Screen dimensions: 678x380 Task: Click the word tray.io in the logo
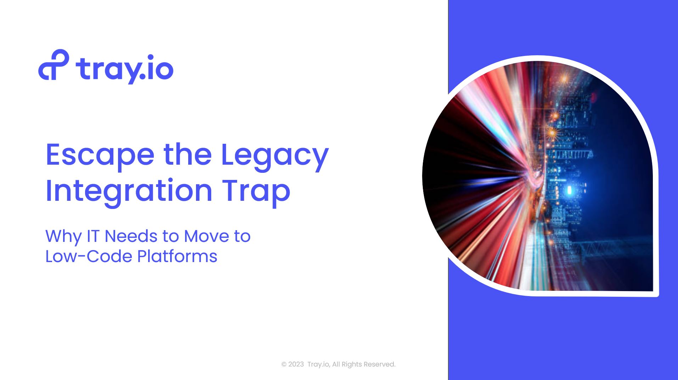(124, 69)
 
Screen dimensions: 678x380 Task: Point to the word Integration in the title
(129, 192)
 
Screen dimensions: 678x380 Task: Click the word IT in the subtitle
(93, 236)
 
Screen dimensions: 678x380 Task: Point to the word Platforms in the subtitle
(177, 256)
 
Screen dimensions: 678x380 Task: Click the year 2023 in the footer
(296, 364)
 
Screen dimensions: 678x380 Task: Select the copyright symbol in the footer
(284, 364)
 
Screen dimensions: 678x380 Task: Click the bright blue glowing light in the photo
(570, 190)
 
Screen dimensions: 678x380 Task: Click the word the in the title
(187, 155)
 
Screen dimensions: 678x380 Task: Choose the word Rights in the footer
(352, 364)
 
